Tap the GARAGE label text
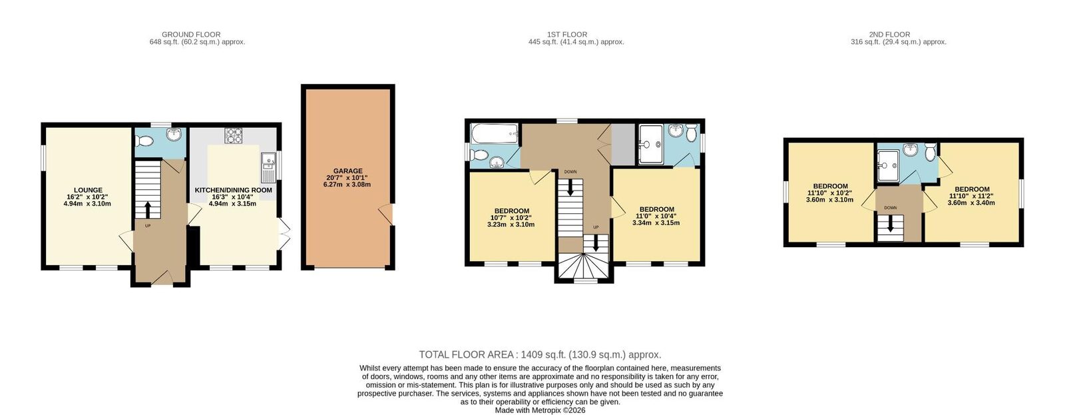coord(347,171)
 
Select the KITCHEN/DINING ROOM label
coord(233,191)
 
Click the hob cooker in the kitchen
coord(234,135)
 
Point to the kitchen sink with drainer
coord(268,167)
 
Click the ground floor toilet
coord(142,141)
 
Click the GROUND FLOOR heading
coord(191,35)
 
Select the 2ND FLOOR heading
coord(889,35)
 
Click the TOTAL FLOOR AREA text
coord(540,354)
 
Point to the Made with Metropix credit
coord(540,410)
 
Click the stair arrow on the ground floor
coord(148,210)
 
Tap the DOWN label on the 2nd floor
coord(891,208)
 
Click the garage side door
coord(387,215)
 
